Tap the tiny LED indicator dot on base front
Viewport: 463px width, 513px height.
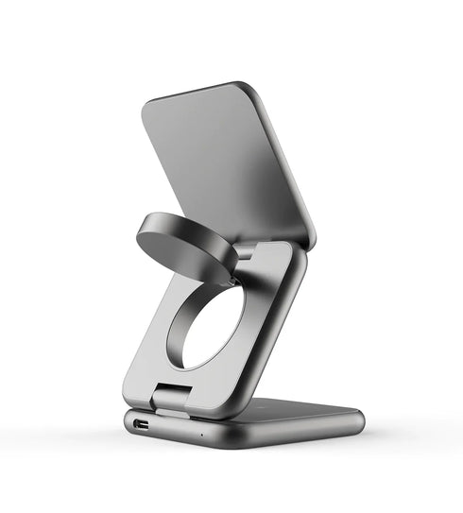click(199, 436)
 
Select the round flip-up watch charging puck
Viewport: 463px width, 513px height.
click(184, 244)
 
